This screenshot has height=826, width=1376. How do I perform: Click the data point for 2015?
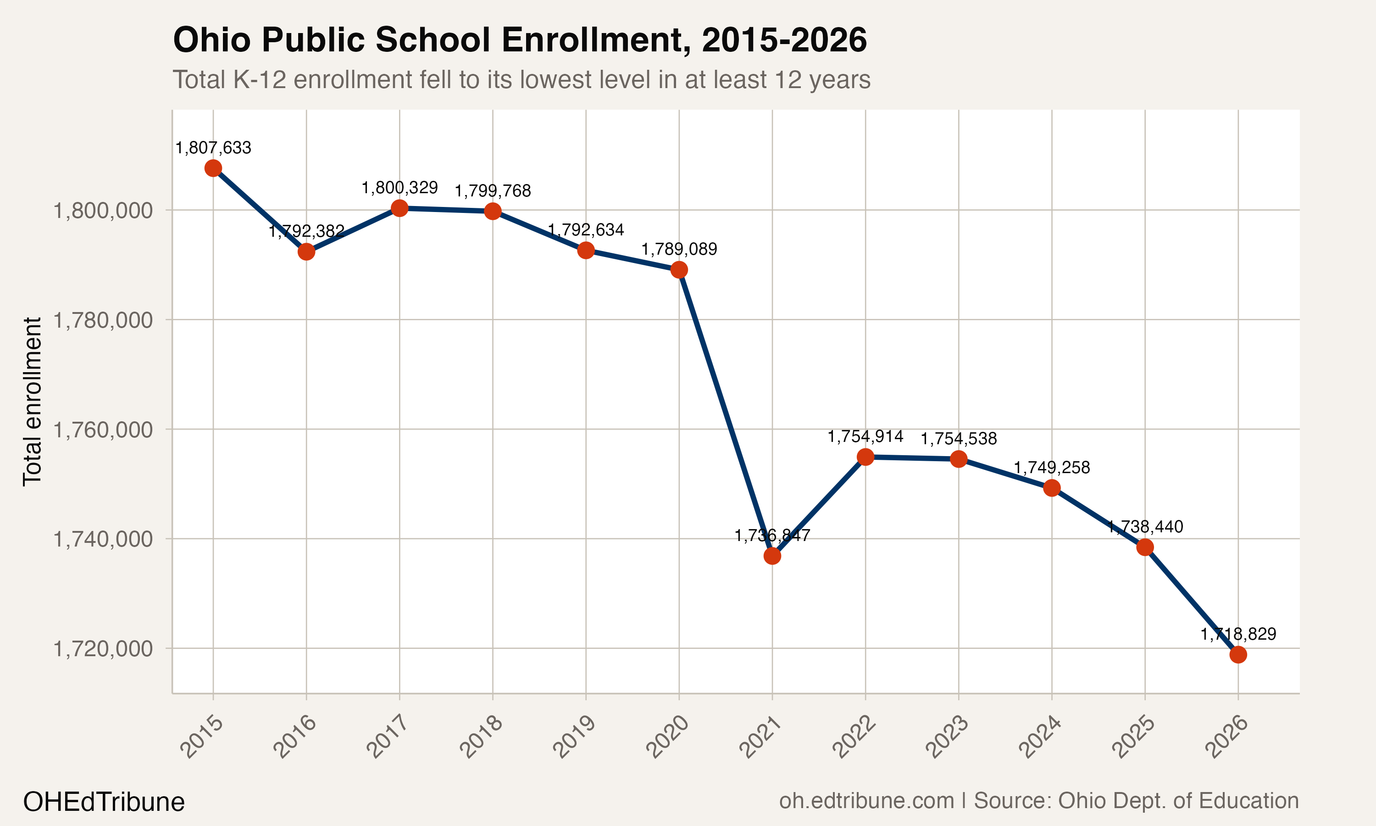click(x=213, y=168)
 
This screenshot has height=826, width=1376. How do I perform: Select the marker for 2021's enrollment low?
click(x=772, y=556)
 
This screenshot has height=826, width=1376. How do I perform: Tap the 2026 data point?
click(x=1238, y=654)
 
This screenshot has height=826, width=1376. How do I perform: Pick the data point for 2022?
click(x=866, y=457)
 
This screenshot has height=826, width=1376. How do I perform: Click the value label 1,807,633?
click(x=213, y=148)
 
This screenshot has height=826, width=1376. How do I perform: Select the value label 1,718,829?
click(x=1238, y=634)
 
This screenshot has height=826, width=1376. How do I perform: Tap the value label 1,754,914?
click(x=866, y=436)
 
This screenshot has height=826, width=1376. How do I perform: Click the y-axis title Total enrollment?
click(x=32, y=402)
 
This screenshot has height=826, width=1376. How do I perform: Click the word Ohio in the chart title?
click(x=212, y=40)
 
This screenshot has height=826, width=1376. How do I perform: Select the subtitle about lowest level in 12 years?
click(x=521, y=79)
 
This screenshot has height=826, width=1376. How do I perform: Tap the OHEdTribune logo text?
click(x=104, y=802)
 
